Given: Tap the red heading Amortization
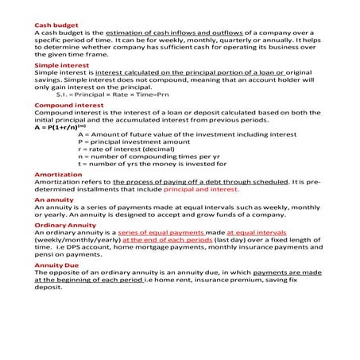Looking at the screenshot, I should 58,174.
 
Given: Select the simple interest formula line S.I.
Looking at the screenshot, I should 110,95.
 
